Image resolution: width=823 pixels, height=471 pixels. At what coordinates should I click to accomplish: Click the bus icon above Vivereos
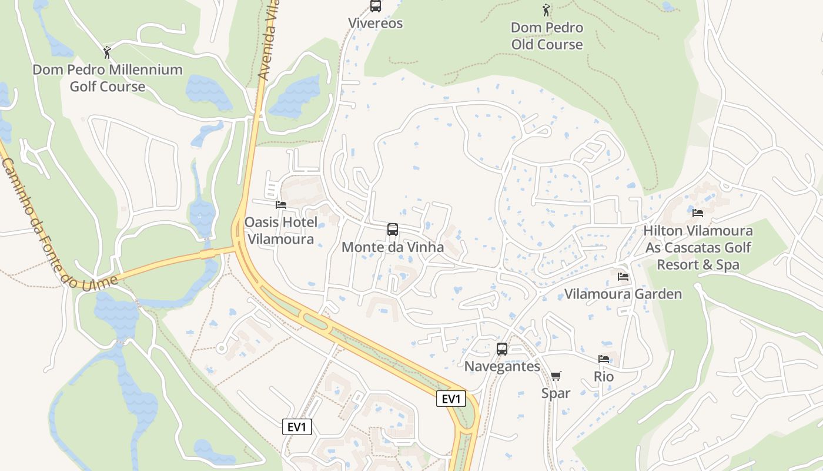375,6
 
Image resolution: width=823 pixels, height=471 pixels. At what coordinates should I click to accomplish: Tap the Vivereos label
375,24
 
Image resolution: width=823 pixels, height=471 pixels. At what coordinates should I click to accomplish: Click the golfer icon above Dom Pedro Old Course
546,10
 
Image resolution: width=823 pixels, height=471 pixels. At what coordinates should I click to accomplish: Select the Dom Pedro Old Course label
547,36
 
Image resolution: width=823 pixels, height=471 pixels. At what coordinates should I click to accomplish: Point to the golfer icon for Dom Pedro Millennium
107,52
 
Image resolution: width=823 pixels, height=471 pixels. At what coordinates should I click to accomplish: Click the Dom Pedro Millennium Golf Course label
107,78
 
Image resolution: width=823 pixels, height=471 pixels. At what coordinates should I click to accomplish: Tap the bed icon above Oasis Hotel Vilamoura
281,205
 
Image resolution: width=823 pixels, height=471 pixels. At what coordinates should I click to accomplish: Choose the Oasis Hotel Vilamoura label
281,231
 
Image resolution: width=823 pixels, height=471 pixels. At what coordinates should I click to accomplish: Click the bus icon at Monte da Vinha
392,230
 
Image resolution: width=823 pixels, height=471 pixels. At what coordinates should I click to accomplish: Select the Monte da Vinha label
392,247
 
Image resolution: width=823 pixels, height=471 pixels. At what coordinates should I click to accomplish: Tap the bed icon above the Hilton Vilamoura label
698,213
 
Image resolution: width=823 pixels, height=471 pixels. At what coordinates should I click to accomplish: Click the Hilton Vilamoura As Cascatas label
698,247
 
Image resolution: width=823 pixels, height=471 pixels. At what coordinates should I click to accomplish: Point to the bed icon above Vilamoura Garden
623,276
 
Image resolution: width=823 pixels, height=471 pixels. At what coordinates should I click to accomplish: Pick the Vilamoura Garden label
623,294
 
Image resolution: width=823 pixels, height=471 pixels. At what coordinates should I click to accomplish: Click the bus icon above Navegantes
501,349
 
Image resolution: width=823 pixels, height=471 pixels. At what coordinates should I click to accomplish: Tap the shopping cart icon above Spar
556,376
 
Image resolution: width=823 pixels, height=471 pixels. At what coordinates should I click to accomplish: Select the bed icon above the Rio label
604,359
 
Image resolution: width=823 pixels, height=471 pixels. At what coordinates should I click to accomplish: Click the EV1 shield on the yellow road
451,399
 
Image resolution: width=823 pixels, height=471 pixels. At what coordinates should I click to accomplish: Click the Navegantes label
502,366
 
